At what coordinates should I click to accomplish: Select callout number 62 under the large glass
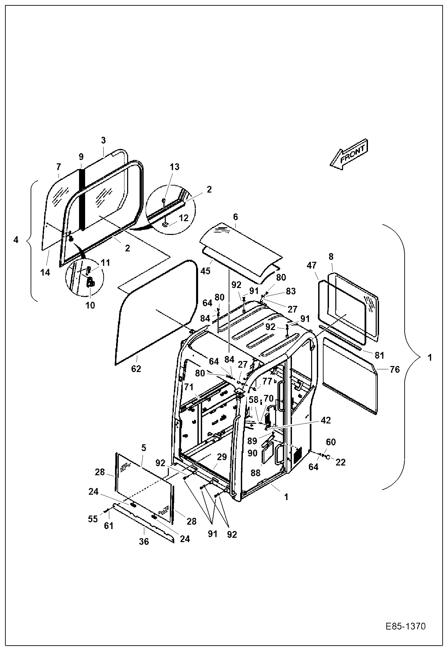pyautogui.click(x=136, y=369)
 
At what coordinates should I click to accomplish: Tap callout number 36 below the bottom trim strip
pyautogui.click(x=144, y=541)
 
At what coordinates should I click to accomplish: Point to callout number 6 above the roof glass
pyautogui.click(x=235, y=217)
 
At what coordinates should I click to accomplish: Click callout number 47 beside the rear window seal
pyautogui.click(x=311, y=265)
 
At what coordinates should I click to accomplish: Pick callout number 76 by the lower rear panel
pyautogui.click(x=395, y=369)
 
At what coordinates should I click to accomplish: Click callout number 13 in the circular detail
pyautogui.click(x=175, y=167)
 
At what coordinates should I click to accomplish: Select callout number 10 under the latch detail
pyautogui.click(x=90, y=305)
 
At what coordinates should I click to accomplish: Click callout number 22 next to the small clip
pyautogui.click(x=340, y=462)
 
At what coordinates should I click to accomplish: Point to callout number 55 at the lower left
pyautogui.click(x=93, y=519)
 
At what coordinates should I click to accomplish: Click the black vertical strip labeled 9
pyautogui.click(x=82, y=198)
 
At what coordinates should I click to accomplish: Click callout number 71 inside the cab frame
pyautogui.click(x=189, y=387)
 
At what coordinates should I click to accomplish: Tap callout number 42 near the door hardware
pyautogui.click(x=326, y=420)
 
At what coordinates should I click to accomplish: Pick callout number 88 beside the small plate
pyautogui.click(x=256, y=473)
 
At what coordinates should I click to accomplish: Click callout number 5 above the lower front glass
pyautogui.click(x=144, y=448)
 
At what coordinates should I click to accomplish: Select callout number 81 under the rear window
pyautogui.click(x=378, y=355)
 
